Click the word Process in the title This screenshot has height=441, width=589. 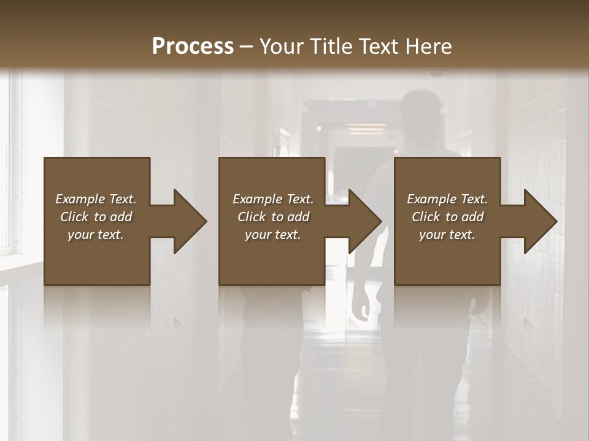point(193,47)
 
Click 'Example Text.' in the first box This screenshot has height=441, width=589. point(96,199)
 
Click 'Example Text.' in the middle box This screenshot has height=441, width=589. point(273,199)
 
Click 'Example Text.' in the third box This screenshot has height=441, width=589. point(447,199)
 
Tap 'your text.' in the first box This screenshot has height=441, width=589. point(96,235)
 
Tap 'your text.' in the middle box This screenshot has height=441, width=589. point(273,235)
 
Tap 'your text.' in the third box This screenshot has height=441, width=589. point(447,235)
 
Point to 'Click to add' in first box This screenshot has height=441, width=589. point(96,217)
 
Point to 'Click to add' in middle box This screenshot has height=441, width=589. point(273,217)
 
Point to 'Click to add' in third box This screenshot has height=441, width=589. point(447,217)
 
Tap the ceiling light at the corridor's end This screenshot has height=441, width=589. point(366,128)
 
